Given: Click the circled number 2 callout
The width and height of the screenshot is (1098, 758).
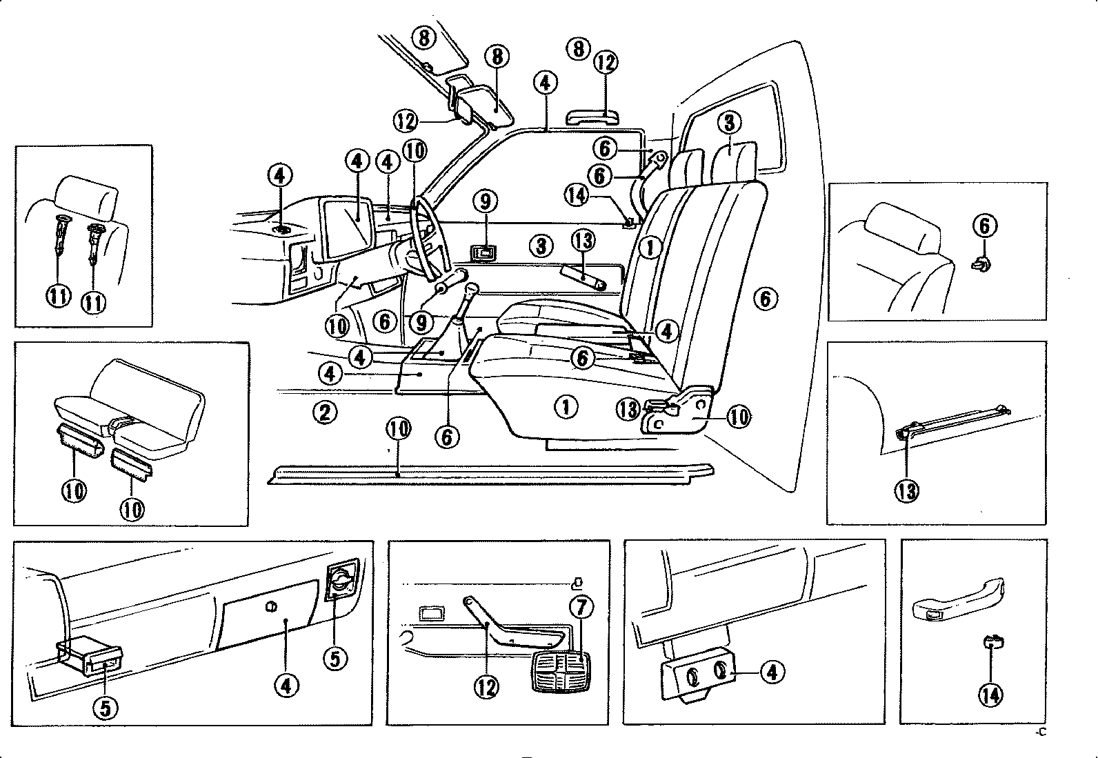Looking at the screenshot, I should (x=325, y=412).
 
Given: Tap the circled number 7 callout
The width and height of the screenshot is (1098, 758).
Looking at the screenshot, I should (x=581, y=607).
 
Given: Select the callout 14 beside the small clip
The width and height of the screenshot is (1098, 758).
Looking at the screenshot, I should (x=990, y=695).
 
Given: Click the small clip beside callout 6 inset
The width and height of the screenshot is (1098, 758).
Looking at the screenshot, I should (x=981, y=263).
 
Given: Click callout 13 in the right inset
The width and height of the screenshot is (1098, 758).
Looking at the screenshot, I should (x=907, y=490).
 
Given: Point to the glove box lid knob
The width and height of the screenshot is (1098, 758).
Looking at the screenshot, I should (x=270, y=606).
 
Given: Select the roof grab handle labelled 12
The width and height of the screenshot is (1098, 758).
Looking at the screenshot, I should (x=588, y=114).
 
